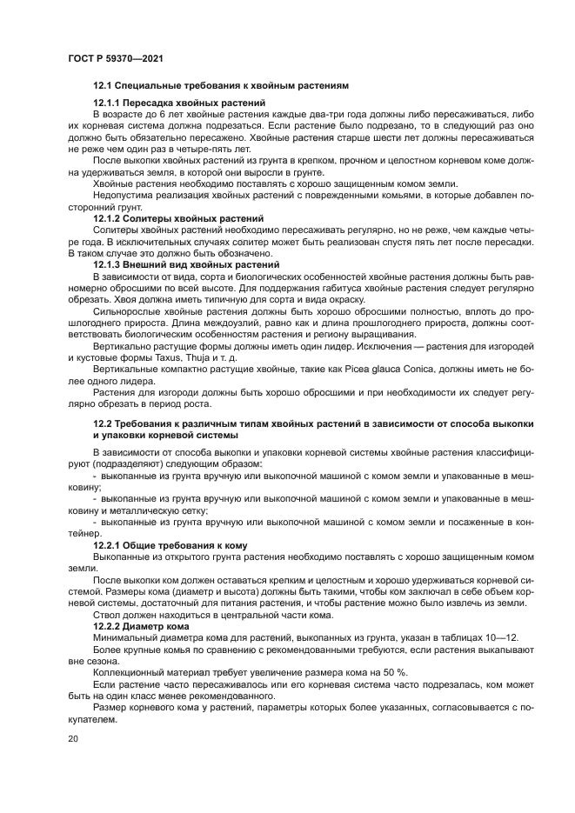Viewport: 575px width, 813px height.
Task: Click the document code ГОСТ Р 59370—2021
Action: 116,57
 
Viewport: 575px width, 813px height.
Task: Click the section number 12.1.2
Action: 108,218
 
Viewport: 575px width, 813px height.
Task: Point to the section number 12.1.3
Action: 108,264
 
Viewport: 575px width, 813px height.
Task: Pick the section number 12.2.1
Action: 108,545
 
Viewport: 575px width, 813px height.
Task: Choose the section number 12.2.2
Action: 108,625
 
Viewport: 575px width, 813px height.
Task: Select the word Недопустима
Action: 119,196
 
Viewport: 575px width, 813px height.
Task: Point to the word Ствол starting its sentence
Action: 105,614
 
